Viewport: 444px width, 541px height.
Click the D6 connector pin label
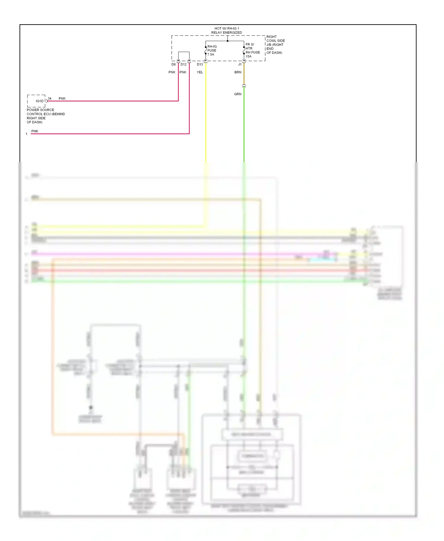(173, 64)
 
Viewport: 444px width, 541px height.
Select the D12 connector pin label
(184, 64)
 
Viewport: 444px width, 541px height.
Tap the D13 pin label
(200, 64)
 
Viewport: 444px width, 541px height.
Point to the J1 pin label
(240, 64)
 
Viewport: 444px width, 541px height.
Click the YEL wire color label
(200, 72)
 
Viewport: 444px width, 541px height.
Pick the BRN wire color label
(238, 72)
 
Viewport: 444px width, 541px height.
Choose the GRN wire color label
(238, 94)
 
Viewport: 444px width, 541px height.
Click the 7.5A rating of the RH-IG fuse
(211, 54)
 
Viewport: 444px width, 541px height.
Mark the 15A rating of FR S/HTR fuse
(249, 56)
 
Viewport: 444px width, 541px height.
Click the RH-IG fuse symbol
(206, 50)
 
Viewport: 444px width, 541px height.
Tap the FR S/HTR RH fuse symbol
(244, 51)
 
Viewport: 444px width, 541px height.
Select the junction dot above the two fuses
(227, 41)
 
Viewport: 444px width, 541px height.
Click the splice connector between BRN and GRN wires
(244, 86)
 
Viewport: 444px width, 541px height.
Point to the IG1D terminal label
(39, 101)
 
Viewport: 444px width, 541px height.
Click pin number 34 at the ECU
(49, 99)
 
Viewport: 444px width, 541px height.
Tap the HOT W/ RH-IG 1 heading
(226, 29)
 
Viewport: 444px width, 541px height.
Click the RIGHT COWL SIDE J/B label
(276, 41)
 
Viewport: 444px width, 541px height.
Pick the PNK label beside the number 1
(35, 131)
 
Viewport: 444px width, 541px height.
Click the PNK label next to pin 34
(62, 99)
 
